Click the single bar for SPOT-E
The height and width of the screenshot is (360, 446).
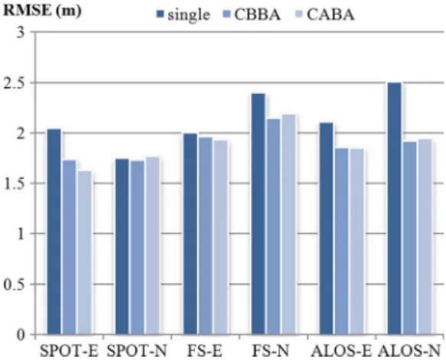coord(54,232)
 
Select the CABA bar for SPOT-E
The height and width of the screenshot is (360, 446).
coord(85,252)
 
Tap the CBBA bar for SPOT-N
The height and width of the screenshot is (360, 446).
coord(138,248)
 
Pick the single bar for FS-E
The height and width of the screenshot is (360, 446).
coord(190,234)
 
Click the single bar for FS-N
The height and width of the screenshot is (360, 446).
coord(259,214)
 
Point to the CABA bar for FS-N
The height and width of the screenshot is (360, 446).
coord(289,225)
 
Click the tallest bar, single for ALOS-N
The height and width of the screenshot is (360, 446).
coord(395,209)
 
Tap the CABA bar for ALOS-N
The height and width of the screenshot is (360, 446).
coord(425,237)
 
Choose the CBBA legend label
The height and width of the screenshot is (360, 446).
coord(257,15)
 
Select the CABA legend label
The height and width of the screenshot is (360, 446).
coord(330,15)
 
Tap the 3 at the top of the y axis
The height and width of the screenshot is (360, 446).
coord(22,33)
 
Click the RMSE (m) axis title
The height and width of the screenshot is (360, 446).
coord(42,11)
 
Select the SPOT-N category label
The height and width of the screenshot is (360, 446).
coord(136,351)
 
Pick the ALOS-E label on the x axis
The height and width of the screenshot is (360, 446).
coord(341,351)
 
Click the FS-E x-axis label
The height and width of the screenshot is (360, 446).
coord(204,351)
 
